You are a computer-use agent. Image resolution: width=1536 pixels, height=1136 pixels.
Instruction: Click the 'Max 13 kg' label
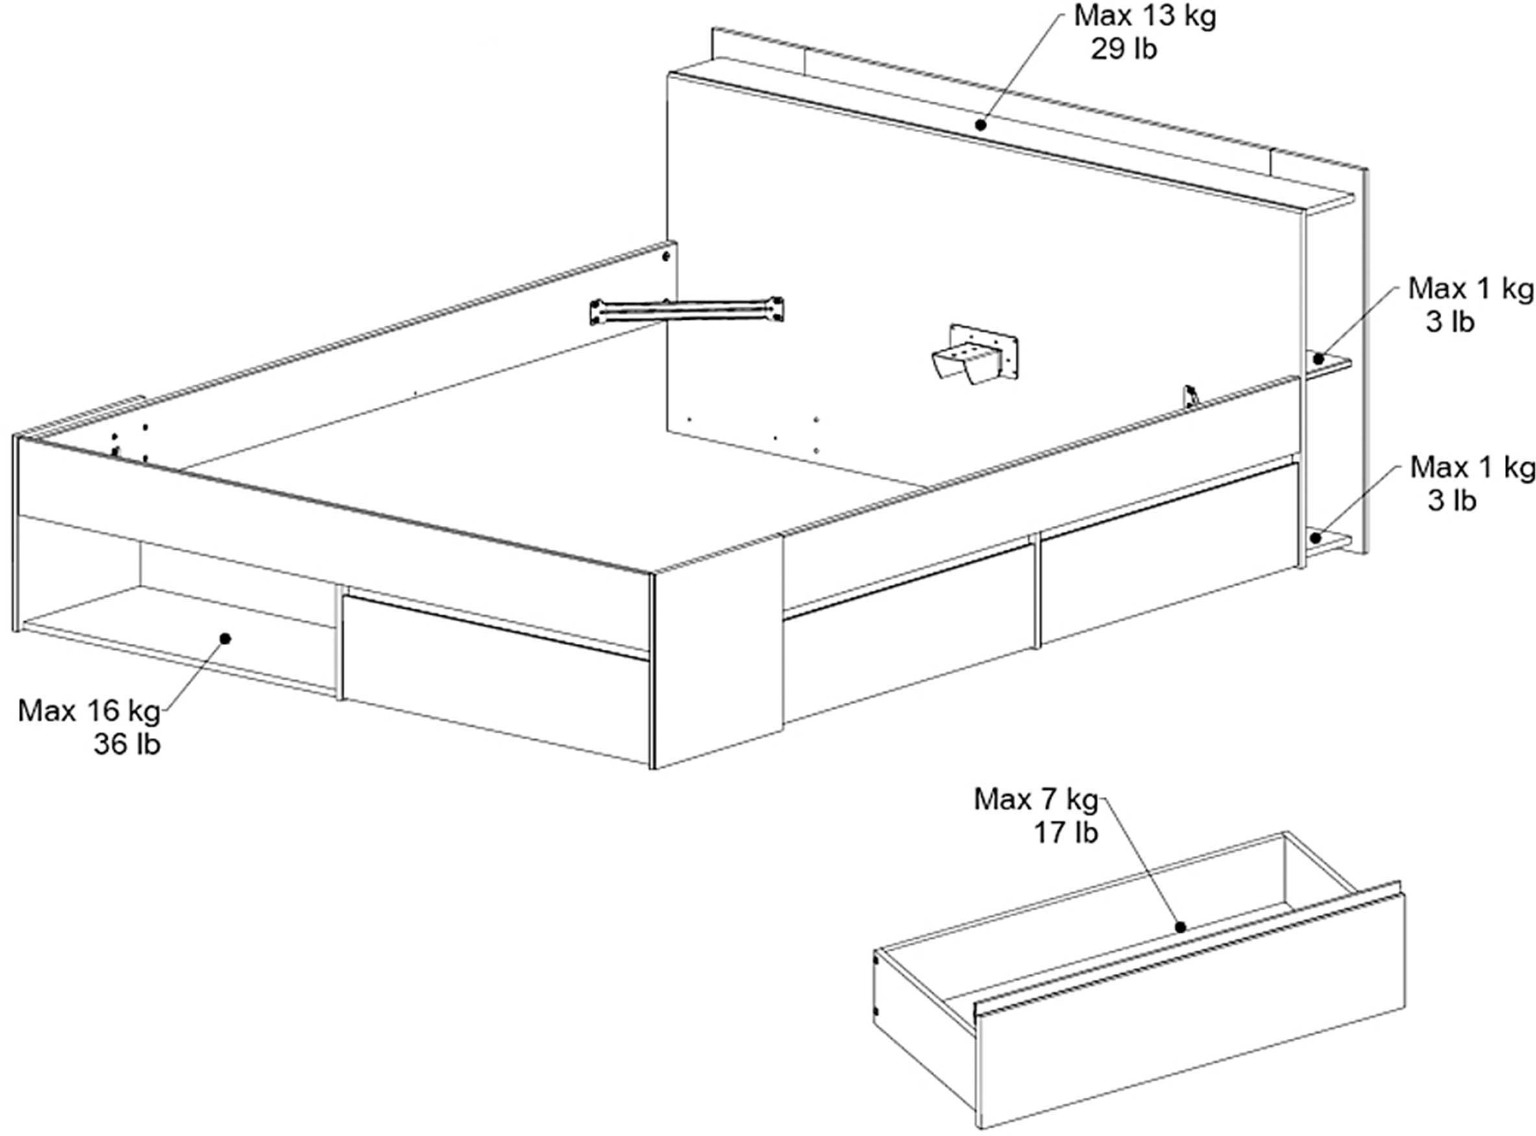(x=1145, y=16)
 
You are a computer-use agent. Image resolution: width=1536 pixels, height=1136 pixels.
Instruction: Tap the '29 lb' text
(x=1124, y=49)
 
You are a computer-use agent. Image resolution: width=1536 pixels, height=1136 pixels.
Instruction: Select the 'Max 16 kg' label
(x=89, y=711)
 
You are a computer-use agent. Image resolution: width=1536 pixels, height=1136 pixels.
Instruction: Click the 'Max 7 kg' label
(x=1037, y=799)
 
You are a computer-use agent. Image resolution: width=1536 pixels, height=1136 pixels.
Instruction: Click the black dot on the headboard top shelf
(x=981, y=125)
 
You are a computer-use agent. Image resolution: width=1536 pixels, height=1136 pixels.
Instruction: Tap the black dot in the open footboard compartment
(x=225, y=639)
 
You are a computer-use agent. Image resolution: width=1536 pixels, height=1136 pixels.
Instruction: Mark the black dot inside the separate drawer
(x=1181, y=927)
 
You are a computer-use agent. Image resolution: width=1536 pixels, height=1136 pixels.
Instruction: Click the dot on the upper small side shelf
(x=1319, y=359)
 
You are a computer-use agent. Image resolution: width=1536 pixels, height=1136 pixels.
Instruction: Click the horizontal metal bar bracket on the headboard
(x=686, y=310)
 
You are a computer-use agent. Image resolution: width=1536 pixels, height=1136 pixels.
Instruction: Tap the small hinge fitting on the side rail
(x=1191, y=396)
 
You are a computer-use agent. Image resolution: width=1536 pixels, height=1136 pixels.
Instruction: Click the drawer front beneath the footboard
(x=496, y=680)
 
